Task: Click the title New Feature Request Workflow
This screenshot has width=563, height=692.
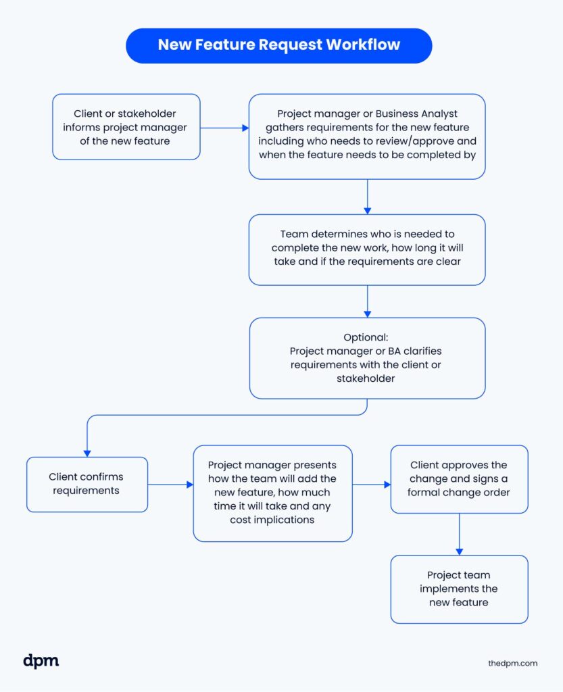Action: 279,45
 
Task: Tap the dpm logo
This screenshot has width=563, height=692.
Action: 41,661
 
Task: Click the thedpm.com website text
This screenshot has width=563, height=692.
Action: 513,664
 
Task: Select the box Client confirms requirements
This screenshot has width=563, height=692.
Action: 87,484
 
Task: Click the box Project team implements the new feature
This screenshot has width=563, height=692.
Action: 459,589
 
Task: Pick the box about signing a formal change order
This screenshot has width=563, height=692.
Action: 459,479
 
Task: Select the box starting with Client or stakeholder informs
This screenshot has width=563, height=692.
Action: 126,126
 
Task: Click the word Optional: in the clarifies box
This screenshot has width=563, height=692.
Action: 366,337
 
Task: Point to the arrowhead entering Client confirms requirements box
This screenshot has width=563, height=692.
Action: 87,453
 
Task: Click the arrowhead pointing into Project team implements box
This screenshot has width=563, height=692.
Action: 460,551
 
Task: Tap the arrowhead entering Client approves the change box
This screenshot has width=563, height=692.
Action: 387,485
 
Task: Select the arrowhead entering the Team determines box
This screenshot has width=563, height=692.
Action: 367,211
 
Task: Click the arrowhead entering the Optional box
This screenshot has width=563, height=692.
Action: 367,314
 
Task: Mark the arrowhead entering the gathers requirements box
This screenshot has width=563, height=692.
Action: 246,128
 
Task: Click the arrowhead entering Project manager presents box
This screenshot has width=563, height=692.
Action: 190,485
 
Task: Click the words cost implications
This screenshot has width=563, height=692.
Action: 272,520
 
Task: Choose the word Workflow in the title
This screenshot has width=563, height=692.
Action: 363,45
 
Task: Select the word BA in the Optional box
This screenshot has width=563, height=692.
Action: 393,351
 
